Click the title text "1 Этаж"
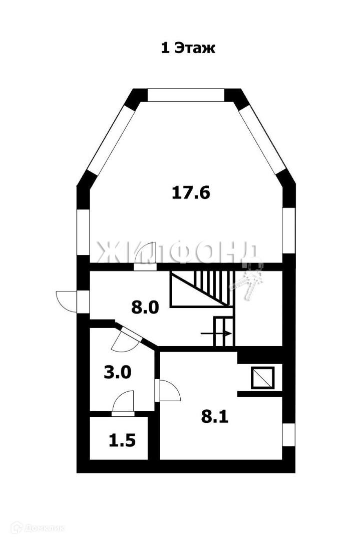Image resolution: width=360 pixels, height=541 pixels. coord(188,48)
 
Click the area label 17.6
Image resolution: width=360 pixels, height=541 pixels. coord(191,192)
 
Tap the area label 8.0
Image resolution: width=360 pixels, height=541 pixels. coord(145,307)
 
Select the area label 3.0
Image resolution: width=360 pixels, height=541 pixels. coord(117,373)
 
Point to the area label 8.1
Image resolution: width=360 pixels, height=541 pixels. coord(215,417)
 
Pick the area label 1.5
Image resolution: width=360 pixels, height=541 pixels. coord(122,441)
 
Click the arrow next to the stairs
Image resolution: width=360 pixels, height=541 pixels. coord(216,334)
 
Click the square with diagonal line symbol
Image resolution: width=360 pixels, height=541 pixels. coord(262,378)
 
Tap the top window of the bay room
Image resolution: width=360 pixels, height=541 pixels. coord(186,95)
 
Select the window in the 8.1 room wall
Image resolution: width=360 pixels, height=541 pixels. coord(288,435)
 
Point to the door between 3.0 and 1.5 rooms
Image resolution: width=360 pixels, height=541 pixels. coord(123,402)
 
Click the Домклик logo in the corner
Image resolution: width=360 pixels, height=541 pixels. coord(38,528)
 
